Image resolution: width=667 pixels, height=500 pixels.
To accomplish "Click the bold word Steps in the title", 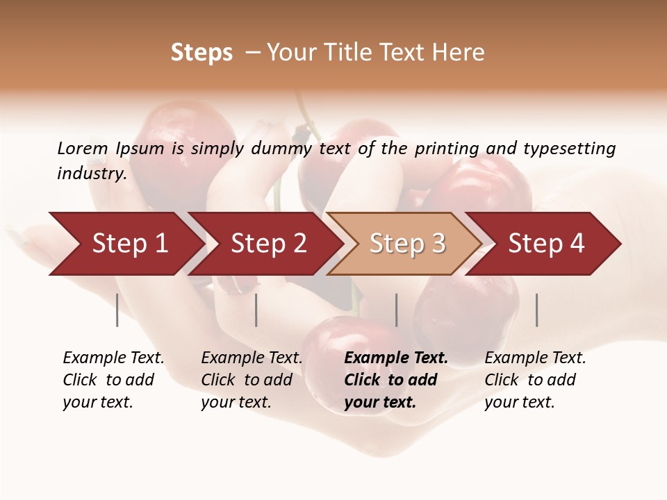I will pos(201,53).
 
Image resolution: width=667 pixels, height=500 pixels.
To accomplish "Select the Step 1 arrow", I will pos(129,244).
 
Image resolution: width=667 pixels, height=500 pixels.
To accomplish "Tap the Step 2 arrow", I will pos(268,244).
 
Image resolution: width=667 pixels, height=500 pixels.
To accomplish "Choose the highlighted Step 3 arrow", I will pos(407,244).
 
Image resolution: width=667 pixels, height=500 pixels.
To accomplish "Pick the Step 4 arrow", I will pos(546,244).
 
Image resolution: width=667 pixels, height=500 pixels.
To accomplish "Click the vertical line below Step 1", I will pos(117,310).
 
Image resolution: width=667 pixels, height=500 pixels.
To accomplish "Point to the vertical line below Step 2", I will pos(256,310).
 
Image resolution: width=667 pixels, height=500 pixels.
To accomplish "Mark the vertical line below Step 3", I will pos(397,310).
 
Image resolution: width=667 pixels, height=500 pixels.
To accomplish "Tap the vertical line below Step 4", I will pos(537,310).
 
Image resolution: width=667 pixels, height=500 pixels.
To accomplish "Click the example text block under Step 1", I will pos(113,380).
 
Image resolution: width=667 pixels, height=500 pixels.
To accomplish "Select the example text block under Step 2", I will pos(252,380).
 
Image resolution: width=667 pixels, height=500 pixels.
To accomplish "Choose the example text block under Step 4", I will pos(535,380).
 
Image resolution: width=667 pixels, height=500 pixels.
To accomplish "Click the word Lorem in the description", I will pos(82,149).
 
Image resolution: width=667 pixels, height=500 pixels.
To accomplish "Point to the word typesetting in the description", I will pos(569,149).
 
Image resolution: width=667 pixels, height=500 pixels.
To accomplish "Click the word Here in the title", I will pos(458,53).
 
